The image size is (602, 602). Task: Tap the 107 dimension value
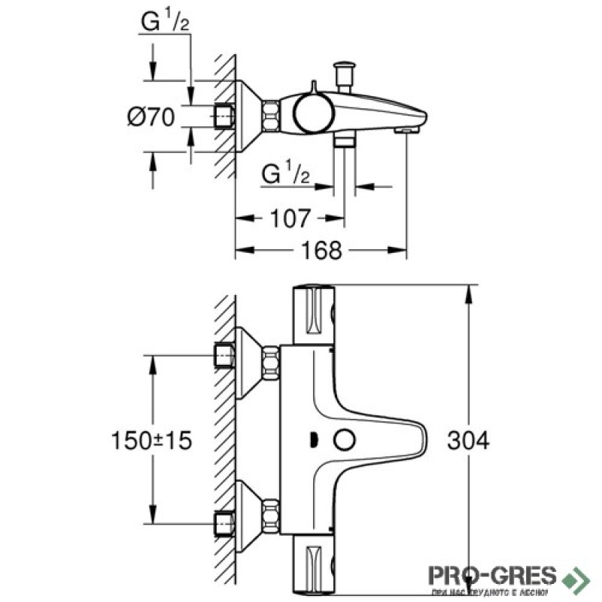[x=289, y=219]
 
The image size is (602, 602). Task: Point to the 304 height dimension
[x=471, y=440]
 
